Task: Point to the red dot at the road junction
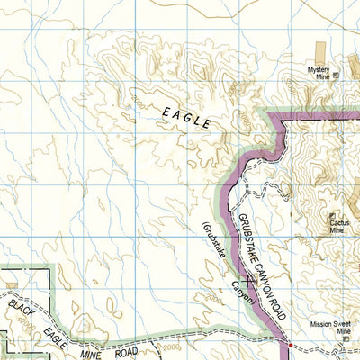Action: (290, 341)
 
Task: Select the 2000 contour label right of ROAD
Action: (171, 349)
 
